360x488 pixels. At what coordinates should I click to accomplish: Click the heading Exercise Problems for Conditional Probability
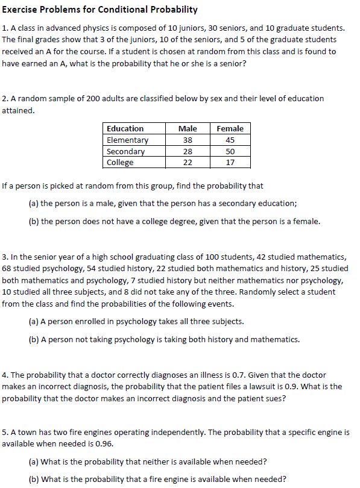click(x=99, y=10)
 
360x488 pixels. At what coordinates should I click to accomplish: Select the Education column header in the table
click(x=125, y=128)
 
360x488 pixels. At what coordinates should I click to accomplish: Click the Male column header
click(x=188, y=128)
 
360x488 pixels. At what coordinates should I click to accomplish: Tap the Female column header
click(x=230, y=128)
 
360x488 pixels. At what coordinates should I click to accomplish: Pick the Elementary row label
click(x=127, y=140)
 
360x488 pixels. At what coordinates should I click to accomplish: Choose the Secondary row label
click(x=125, y=151)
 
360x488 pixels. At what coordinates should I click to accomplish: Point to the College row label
click(x=120, y=163)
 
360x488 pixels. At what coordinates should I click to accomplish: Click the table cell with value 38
click(x=188, y=140)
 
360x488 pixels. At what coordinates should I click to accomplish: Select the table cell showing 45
click(x=230, y=140)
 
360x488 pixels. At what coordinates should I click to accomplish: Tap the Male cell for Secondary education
click(x=188, y=151)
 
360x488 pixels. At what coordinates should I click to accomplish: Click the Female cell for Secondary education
click(x=230, y=151)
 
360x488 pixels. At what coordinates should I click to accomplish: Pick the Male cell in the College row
click(x=188, y=163)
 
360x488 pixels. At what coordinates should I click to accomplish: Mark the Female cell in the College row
click(x=230, y=163)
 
